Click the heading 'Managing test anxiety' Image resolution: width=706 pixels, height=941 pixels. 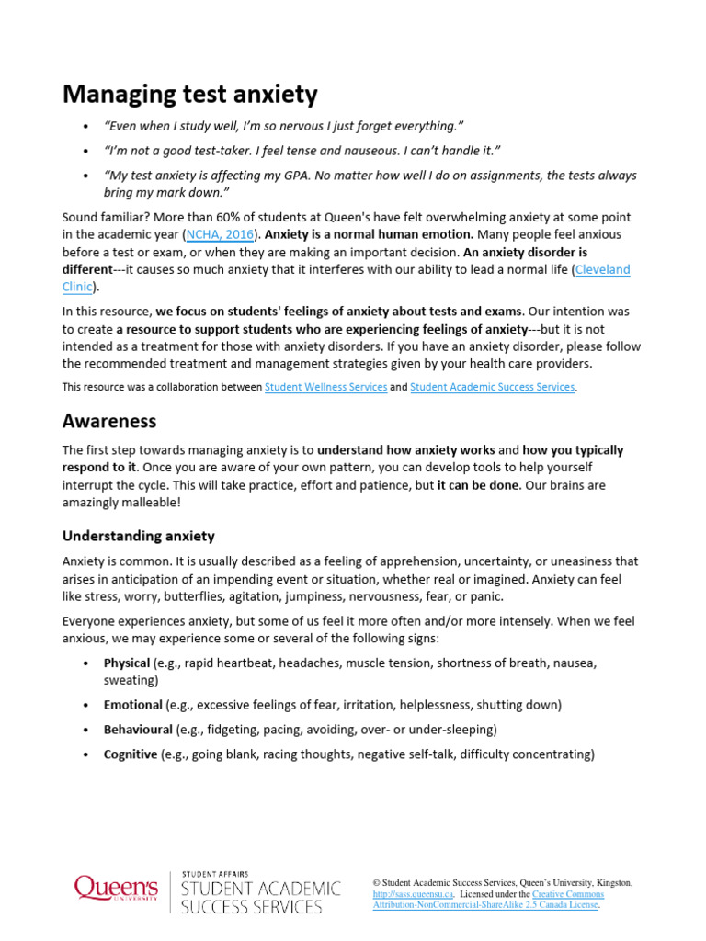tap(189, 94)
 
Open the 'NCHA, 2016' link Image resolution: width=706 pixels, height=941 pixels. tap(220, 233)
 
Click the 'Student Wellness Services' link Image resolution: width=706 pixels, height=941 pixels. tap(325, 387)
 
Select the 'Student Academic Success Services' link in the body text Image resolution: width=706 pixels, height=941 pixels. tap(493, 387)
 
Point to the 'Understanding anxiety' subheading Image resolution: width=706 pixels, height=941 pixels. tap(138, 535)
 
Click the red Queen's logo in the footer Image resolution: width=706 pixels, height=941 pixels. tap(116, 890)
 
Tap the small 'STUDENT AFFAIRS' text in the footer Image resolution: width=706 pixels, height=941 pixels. tap(214, 874)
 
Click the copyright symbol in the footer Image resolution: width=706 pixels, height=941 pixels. tap(377, 882)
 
